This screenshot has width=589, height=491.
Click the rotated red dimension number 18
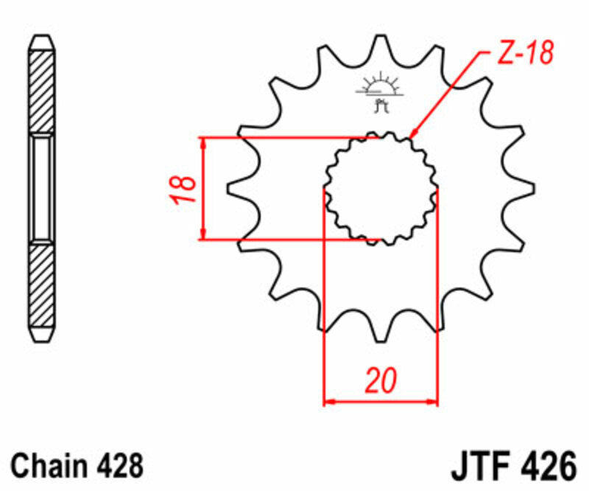186,189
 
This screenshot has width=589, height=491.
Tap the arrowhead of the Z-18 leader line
413,134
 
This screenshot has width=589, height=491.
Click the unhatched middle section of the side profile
42,189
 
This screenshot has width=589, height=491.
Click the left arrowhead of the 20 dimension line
329,402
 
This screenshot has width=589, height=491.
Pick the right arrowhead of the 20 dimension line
433,402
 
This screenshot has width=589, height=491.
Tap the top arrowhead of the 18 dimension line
202,142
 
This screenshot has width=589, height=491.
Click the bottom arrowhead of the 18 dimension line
202,234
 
